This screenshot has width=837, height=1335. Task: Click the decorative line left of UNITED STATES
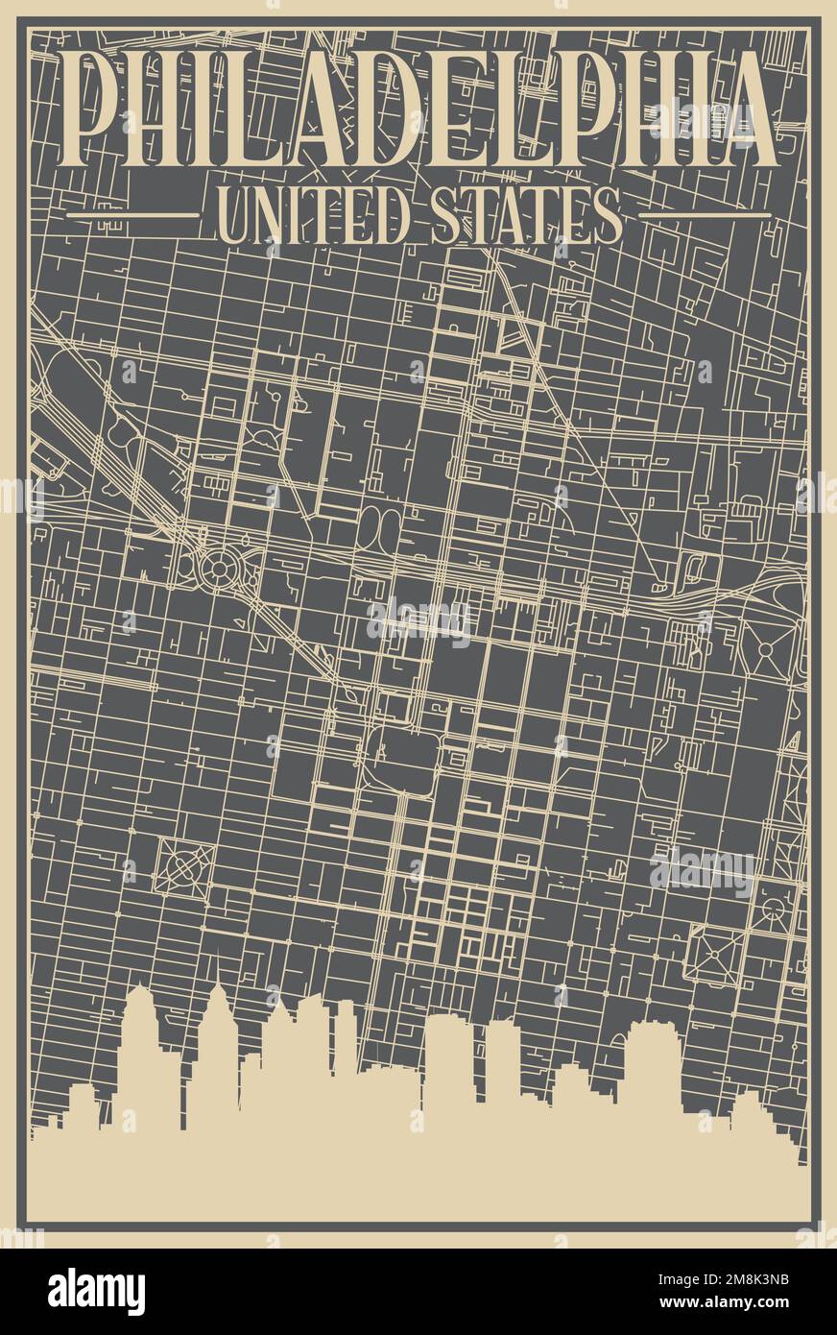click(x=131, y=215)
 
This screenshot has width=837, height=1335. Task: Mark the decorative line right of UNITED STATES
click(x=705, y=215)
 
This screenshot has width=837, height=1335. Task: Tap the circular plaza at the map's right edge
click(x=766, y=650)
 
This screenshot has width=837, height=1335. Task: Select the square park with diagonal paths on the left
click(x=182, y=867)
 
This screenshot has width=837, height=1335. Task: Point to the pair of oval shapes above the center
click(x=382, y=525)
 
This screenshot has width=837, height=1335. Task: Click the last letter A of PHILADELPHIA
click(x=744, y=110)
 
